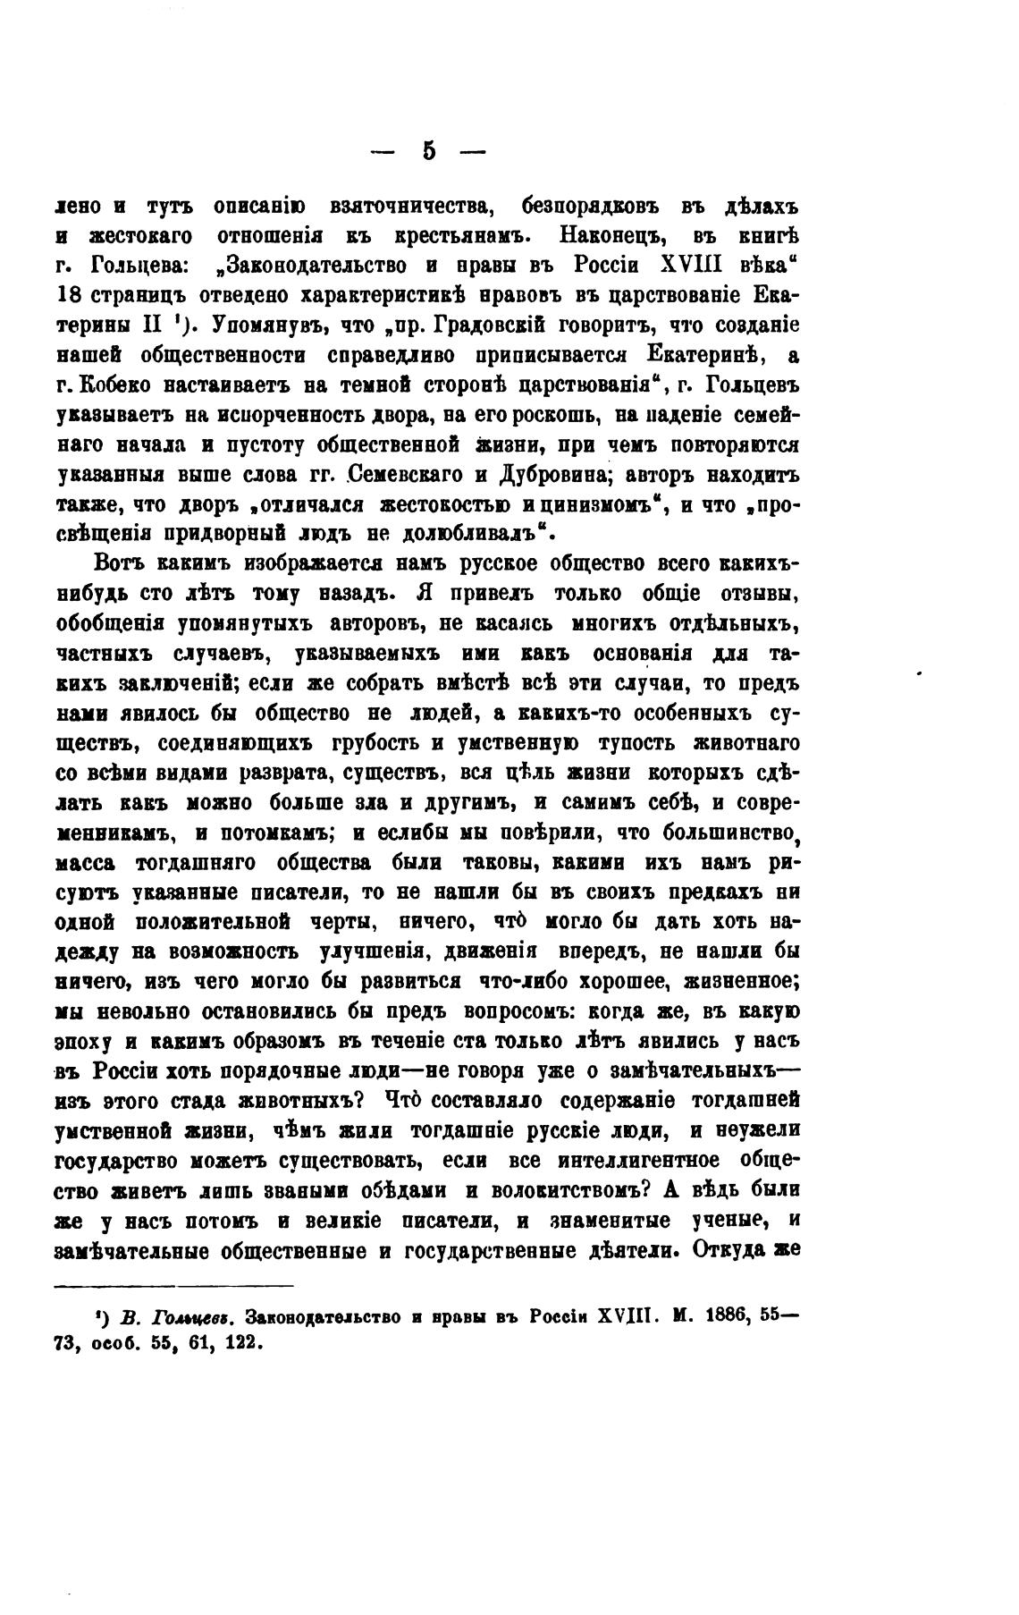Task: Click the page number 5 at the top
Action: (x=429, y=151)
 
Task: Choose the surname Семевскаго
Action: (x=407, y=474)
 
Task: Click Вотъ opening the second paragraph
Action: (x=121, y=565)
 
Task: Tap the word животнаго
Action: (x=746, y=744)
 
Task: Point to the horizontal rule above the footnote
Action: (x=173, y=1288)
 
